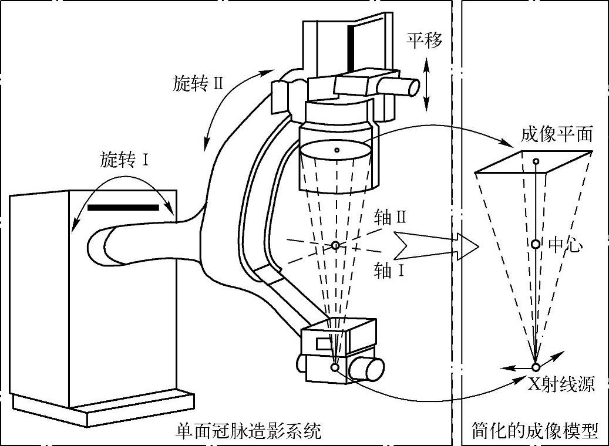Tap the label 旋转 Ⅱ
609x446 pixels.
tap(199, 83)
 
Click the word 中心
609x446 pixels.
tap(565, 245)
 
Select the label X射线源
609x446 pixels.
tap(561, 384)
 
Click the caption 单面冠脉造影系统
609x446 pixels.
tap(249, 433)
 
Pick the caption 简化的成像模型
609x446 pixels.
tap(535, 433)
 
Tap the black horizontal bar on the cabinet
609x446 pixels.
tap(123, 207)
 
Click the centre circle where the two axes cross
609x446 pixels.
tap(335, 245)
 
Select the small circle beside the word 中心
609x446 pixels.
tap(536, 244)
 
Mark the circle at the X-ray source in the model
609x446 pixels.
tap(536, 367)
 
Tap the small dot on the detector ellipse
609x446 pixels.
tap(336, 150)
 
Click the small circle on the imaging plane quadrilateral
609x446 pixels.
tap(535, 161)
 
